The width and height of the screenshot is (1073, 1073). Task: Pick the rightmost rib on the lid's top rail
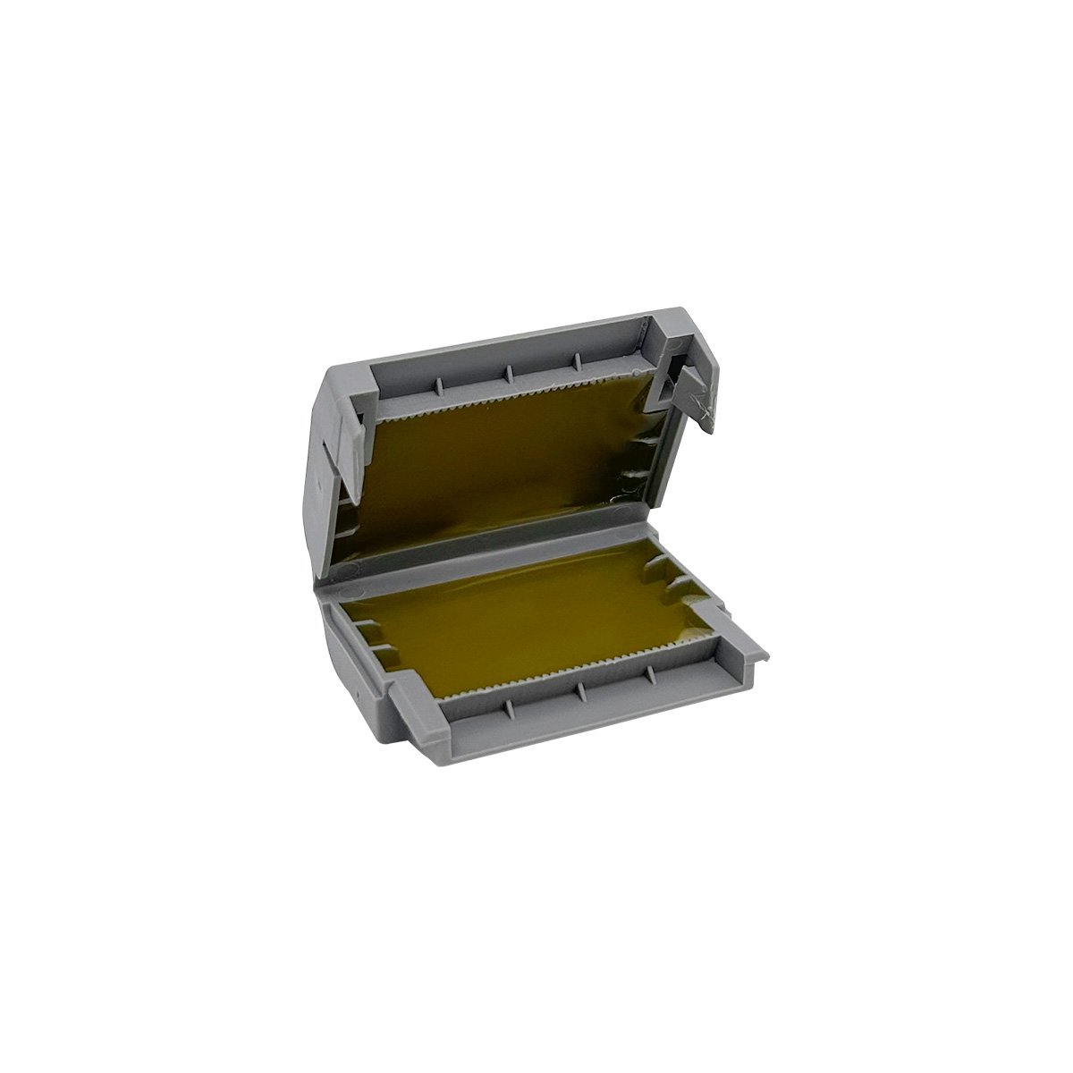577,359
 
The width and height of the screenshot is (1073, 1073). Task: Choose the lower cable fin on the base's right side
684,585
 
